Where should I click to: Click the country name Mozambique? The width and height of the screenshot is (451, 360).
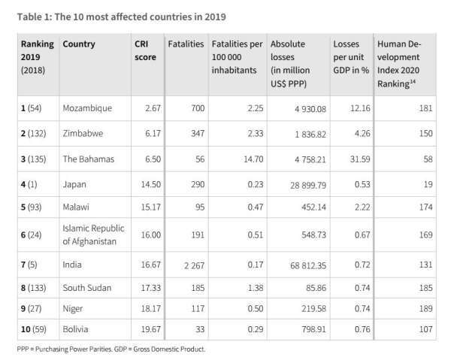point(87,108)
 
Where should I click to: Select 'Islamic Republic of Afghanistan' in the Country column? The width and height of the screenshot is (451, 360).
point(93,234)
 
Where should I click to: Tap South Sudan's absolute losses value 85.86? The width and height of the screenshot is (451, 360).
point(310,287)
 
